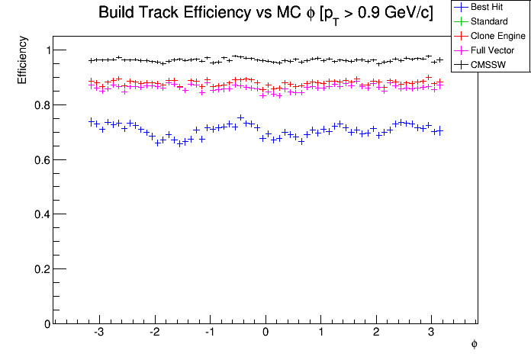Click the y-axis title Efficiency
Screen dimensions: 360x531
click(22, 62)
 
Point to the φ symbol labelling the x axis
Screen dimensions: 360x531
click(474, 345)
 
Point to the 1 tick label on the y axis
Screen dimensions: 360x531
click(43, 50)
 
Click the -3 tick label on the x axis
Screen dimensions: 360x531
click(99, 333)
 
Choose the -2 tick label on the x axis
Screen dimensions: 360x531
click(154, 333)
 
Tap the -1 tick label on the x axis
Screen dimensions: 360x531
click(209, 333)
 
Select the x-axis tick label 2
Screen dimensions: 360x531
click(376, 333)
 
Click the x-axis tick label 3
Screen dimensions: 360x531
click(432, 333)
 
